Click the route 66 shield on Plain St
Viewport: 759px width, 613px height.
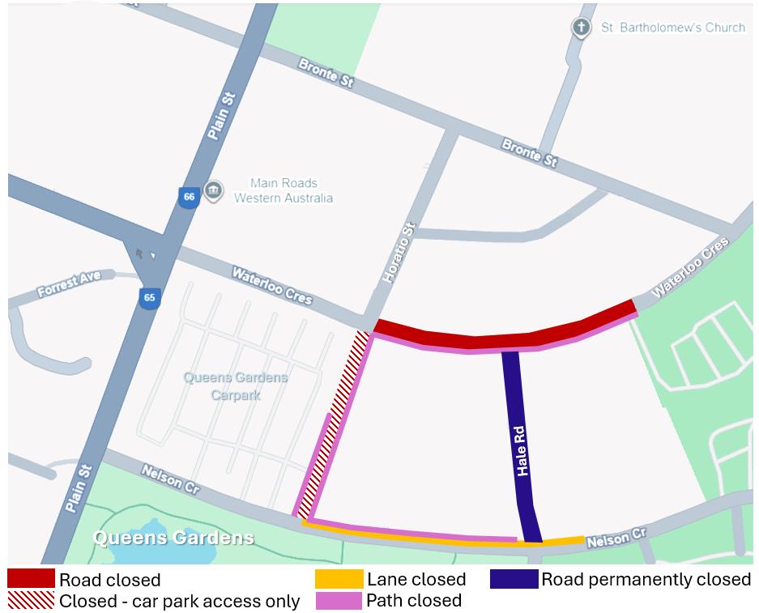point(189,198)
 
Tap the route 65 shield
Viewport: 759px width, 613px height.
point(149,298)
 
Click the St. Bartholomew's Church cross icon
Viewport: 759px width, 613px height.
point(580,28)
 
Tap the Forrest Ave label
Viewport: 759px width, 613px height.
point(69,283)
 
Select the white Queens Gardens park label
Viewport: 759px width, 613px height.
point(173,538)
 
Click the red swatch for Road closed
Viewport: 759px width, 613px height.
point(31,579)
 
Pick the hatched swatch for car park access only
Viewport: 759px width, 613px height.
point(31,600)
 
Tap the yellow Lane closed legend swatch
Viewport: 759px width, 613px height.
point(338,579)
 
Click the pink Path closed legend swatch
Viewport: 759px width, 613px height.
point(338,600)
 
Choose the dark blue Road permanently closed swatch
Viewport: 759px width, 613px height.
point(514,579)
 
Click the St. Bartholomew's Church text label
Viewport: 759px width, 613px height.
point(672,28)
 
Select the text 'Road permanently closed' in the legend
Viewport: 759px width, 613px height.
point(646,580)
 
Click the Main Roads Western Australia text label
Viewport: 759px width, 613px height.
point(284,190)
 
